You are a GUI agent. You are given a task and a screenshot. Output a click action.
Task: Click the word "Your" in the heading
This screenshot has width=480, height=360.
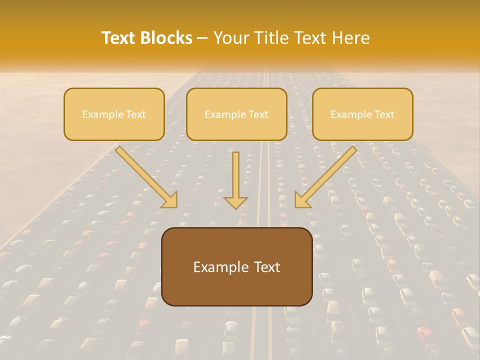(231, 38)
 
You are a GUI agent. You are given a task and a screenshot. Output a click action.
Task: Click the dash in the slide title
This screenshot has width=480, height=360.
(203, 38)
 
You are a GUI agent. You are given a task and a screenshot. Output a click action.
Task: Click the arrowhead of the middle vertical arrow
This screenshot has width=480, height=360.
(236, 201)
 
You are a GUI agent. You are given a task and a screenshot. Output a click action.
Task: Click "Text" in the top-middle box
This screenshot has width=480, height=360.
(258, 114)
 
